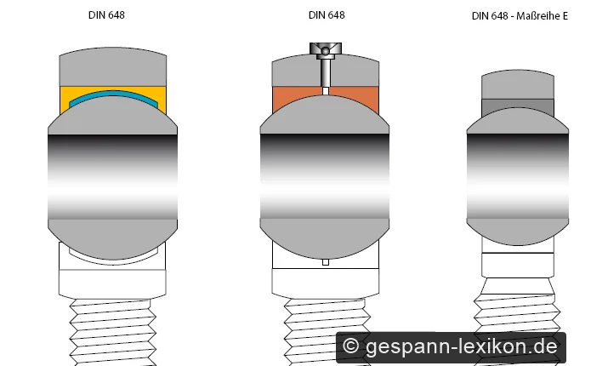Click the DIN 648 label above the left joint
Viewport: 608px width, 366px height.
tap(106, 15)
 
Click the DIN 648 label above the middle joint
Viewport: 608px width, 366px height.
tap(327, 15)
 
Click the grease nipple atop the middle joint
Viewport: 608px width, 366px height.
tap(326, 65)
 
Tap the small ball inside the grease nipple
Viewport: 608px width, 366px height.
tap(326, 51)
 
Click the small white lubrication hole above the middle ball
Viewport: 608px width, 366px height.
tap(326, 91)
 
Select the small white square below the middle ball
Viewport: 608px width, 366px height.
tap(326, 262)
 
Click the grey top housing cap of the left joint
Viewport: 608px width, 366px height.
tap(113, 66)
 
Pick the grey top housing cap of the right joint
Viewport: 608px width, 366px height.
tap(518, 84)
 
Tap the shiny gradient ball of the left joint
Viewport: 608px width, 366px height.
tap(112, 177)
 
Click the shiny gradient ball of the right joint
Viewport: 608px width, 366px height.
tap(518, 177)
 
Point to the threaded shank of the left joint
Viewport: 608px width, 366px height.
tap(113, 332)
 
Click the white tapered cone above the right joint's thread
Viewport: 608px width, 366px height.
tap(518, 286)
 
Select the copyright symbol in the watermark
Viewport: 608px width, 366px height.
tap(350, 346)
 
